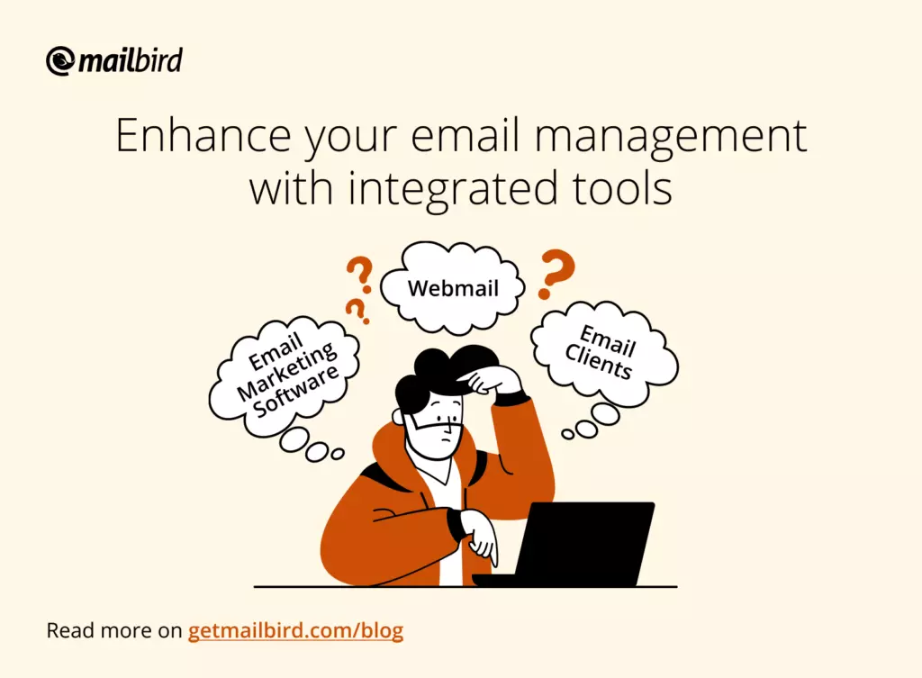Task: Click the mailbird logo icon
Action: (60, 61)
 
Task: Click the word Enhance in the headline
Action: (203, 136)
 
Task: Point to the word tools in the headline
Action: (622, 188)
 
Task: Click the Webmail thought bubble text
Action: (453, 288)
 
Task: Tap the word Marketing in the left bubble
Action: (287, 372)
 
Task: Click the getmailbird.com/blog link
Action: (295, 630)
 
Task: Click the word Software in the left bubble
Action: (296, 391)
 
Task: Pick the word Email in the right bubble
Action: (608, 340)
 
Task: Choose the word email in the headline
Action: (466, 136)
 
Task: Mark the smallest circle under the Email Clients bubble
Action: (568, 435)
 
